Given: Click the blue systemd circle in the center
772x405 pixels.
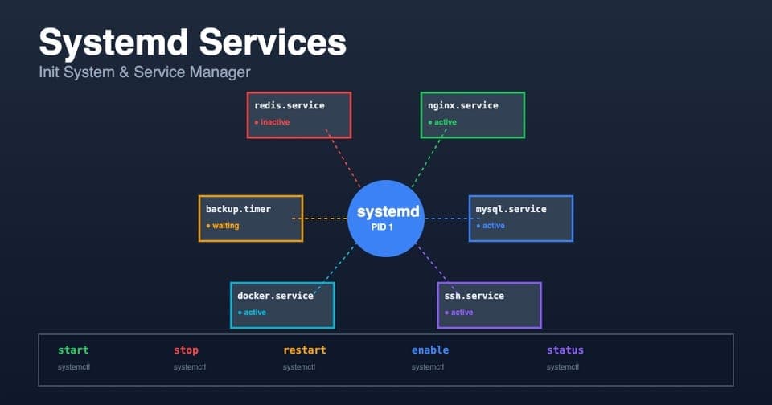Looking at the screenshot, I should coord(386,219).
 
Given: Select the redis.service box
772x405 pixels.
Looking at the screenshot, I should coord(298,115).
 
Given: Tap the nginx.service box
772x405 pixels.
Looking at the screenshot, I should coord(472,115).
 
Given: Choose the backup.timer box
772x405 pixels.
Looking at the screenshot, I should coord(250,219).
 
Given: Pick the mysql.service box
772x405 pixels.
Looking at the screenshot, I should coord(520,219).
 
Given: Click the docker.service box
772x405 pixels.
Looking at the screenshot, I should coord(282,305).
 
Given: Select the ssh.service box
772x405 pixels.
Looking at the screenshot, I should coord(489,305).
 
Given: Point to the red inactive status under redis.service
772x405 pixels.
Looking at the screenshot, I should coord(273,122).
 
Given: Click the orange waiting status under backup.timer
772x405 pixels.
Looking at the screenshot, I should coord(224,226).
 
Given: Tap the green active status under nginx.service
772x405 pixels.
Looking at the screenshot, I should coord(444,122).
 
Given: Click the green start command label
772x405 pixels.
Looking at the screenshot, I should coord(73,350).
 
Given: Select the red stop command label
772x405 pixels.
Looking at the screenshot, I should coord(186,350).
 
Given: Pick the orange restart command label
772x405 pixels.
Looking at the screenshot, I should coord(305,350).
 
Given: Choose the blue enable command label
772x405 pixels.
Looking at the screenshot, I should coord(430,350).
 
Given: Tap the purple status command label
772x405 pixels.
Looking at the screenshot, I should coord(565,350).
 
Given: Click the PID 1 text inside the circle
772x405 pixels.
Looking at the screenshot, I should coord(386,228).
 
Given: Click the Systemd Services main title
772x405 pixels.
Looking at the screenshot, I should coord(192,42).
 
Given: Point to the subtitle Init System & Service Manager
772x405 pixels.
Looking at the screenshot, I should coord(145,72).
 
